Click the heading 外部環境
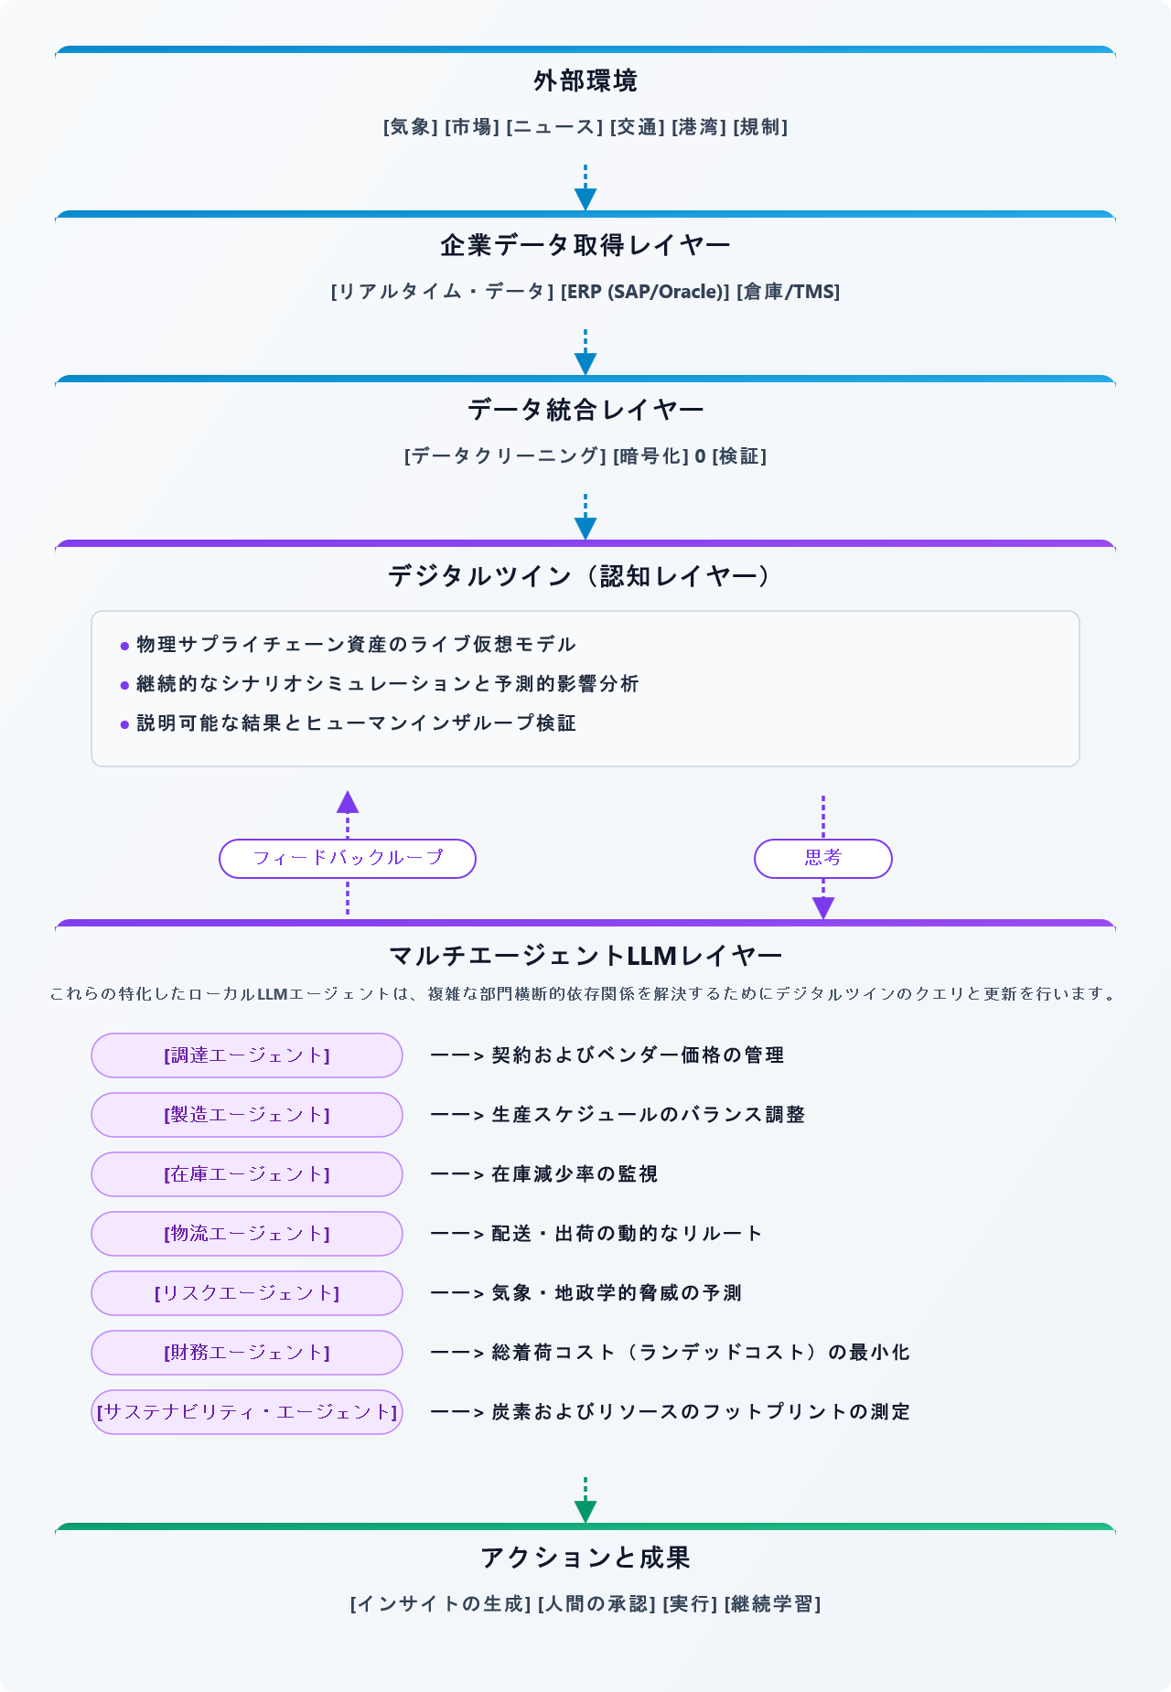(x=585, y=81)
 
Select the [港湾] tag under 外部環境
(x=699, y=127)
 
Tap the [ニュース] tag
(x=554, y=127)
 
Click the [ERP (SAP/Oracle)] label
(x=645, y=292)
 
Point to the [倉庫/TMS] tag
(x=788, y=292)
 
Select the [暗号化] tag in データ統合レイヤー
(x=650, y=456)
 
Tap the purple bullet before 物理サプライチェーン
(x=125, y=647)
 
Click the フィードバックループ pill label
(x=348, y=859)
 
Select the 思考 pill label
(x=823, y=859)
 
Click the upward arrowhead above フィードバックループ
(x=348, y=802)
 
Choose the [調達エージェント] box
(x=247, y=1055)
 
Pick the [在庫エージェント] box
(x=247, y=1174)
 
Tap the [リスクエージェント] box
(x=247, y=1293)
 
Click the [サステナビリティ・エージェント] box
(x=247, y=1412)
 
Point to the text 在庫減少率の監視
(x=575, y=1174)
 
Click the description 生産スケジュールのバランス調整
(x=649, y=1115)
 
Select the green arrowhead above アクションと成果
(x=585, y=1511)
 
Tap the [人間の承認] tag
(x=596, y=1604)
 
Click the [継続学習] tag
(x=772, y=1604)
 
